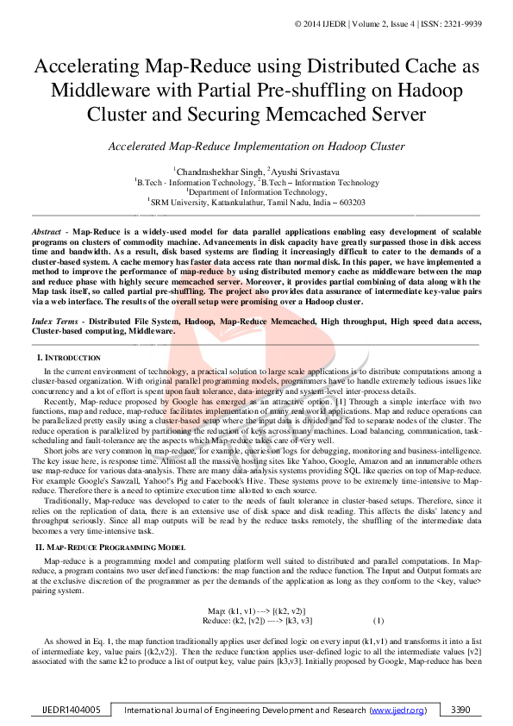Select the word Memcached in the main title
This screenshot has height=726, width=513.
(358, 115)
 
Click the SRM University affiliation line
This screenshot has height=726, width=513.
(256, 203)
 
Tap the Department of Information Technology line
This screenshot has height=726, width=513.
(256, 192)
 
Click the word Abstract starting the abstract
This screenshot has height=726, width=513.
(46, 233)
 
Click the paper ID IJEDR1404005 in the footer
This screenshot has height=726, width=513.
(72, 710)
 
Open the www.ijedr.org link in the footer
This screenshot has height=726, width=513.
(397, 710)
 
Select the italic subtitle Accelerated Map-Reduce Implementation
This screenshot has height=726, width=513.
(256, 147)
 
